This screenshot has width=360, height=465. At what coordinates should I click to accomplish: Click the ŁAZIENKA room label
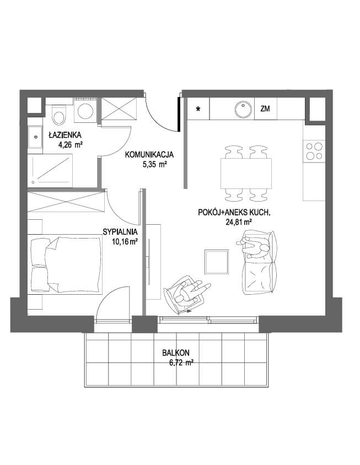(65, 135)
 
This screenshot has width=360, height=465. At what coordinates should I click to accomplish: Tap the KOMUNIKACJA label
(149, 154)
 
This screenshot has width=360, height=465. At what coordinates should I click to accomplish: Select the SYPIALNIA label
(120, 232)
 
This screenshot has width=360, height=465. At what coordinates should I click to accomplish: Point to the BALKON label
(176, 353)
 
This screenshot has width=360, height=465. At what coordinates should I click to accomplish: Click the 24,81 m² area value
(239, 222)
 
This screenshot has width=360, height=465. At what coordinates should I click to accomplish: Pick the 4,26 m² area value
(71, 145)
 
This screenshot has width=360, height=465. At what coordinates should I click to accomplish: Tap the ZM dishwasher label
(265, 109)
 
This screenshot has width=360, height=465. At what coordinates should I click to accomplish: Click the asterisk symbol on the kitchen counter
(198, 109)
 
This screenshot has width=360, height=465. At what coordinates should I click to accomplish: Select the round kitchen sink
(243, 109)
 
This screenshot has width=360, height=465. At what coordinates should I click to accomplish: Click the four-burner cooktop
(314, 152)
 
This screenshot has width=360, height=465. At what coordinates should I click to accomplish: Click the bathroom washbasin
(35, 137)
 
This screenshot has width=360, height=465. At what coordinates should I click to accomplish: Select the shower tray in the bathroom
(50, 170)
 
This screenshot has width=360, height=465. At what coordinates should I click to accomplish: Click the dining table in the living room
(246, 173)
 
